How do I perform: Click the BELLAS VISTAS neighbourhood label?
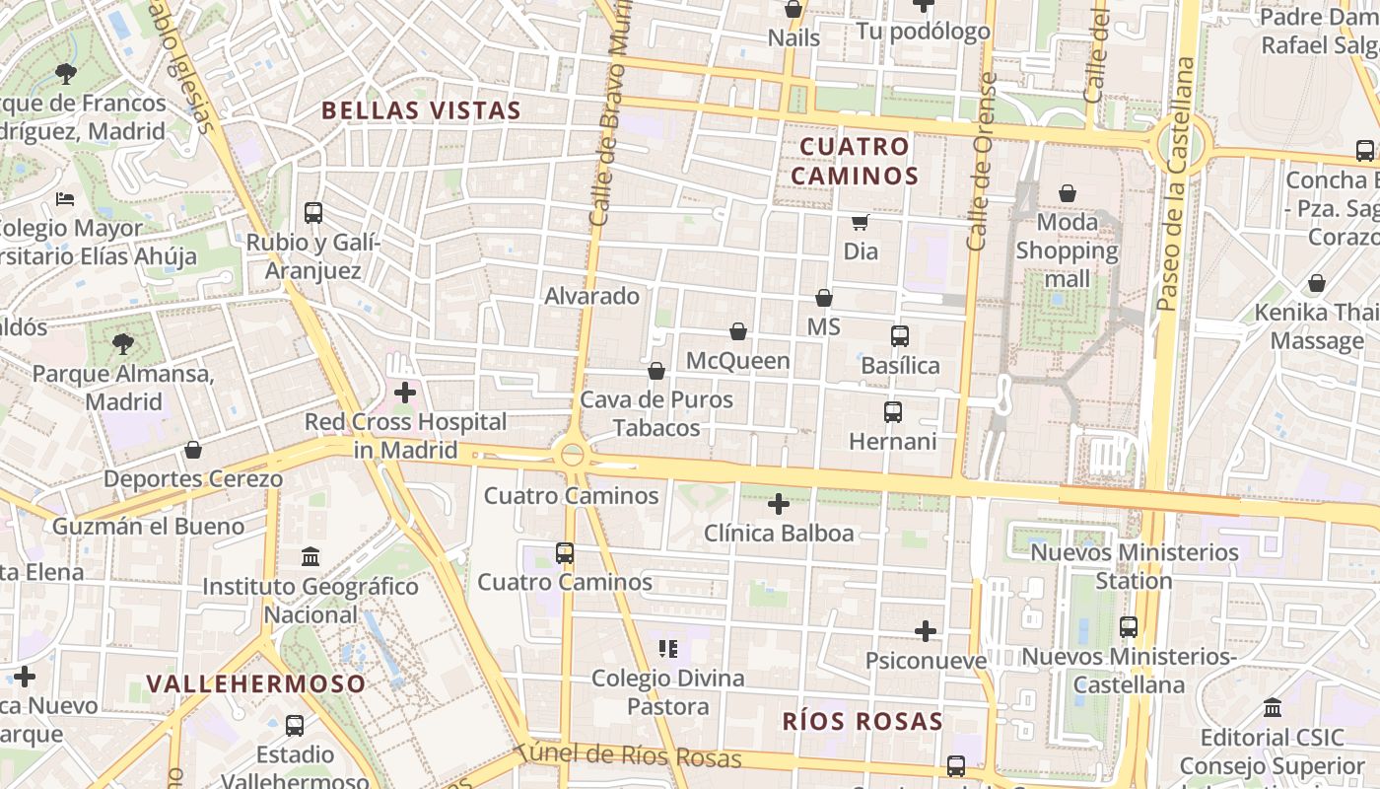click(x=421, y=110)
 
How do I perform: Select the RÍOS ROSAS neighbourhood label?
click(x=862, y=721)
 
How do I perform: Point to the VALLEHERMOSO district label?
click(x=256, y=682)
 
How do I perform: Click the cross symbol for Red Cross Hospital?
click(x=404, y=393)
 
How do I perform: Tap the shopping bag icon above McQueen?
click(x=738, y=331)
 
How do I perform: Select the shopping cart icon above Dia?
click(x=861, y=222)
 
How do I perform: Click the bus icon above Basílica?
click(x=899, y=336)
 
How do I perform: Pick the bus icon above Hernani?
click(x=893, y=412)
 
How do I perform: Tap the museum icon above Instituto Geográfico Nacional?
click(x=310, y=557)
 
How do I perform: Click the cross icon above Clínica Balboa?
click(x=779, y=504)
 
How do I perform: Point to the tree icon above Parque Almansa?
click(x=123, y=344)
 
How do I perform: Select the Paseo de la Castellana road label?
click(x=1178, y=184)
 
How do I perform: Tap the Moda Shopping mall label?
click(x=1068, y=251)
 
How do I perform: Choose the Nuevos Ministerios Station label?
click(x=1135, y=566)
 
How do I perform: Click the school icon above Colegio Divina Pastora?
click(x=668, y=648)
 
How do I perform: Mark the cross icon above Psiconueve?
click(x=926, y=630)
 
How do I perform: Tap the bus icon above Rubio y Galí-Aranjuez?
click(x=313, y=212)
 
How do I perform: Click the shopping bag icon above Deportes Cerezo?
click(x=193, y=451)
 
